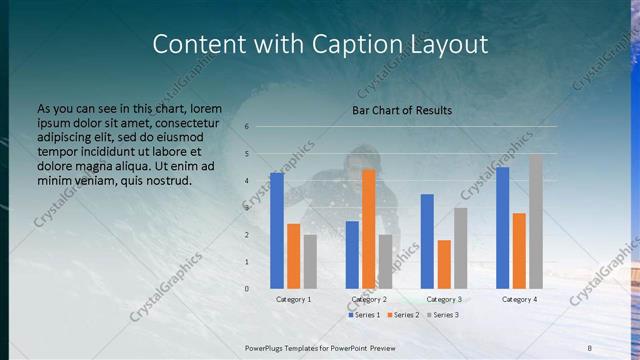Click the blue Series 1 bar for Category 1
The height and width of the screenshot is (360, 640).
tap(276, 231)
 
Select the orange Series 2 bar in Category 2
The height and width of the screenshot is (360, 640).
tap(368, 228)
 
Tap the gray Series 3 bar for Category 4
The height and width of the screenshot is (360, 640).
tap(536, 221)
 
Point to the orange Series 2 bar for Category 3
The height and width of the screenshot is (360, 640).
tap(444, 264)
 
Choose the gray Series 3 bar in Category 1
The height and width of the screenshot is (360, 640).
tap(310, 262)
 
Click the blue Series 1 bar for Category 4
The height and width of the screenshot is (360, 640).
tap(502, 228)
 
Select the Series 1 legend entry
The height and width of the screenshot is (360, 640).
tap(364, 315)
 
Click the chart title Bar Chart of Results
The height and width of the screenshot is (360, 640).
tap(402, 110)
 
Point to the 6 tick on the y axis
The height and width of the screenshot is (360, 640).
tap(247, 127)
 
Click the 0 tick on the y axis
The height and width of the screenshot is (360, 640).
tap(247, 289)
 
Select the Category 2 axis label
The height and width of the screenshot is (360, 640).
tap(369, 299)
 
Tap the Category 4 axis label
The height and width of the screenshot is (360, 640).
tap(519, 299)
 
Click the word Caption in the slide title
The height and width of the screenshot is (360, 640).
tap(357, 44)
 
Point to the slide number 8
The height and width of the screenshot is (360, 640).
tap(589, 347)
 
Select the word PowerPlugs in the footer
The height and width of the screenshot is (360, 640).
tap(268, 347)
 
